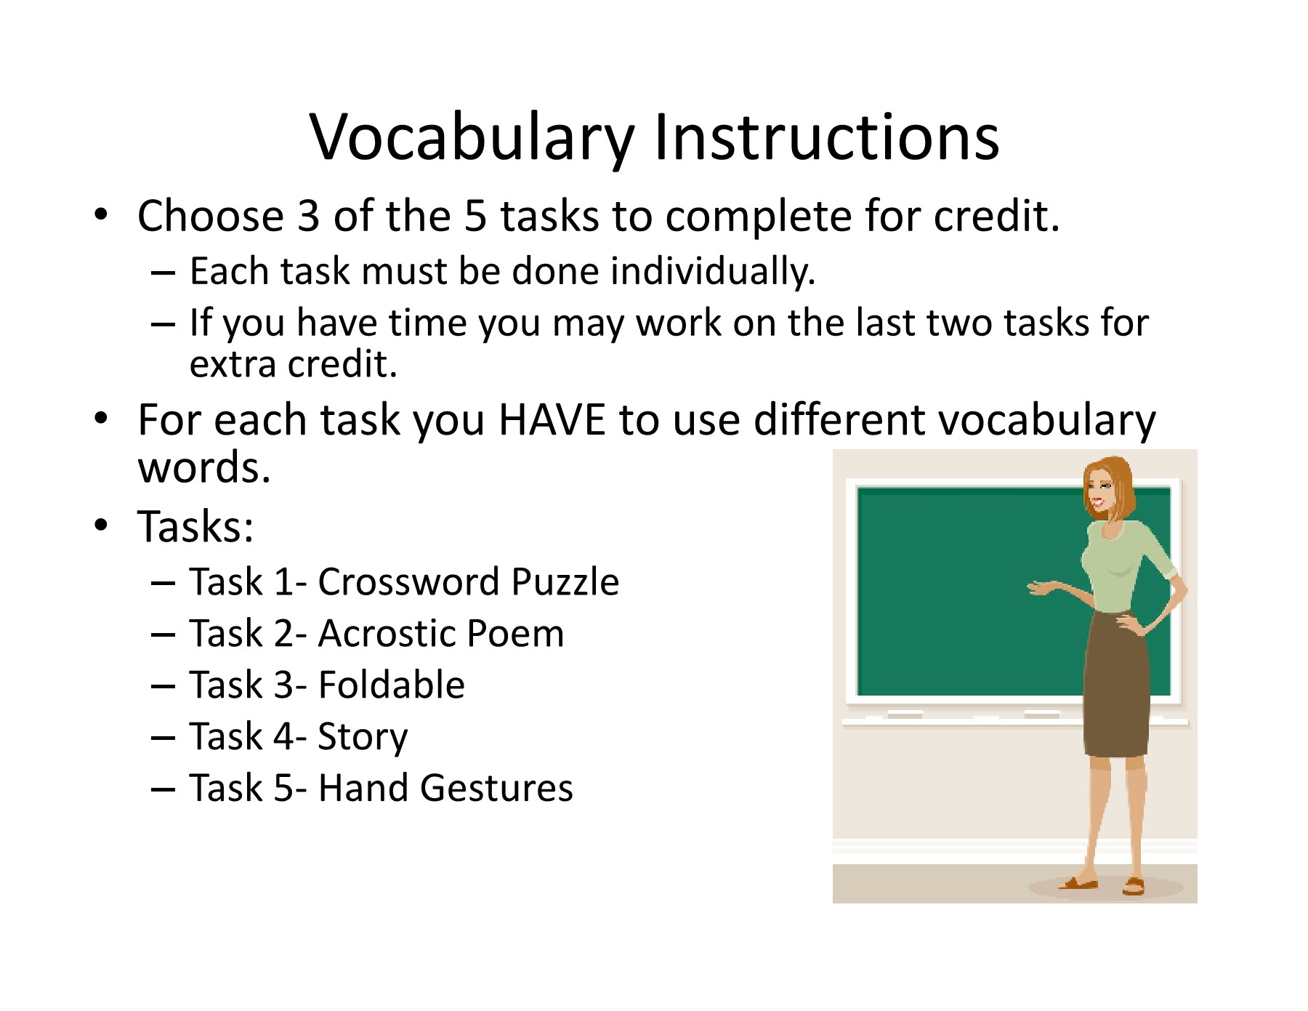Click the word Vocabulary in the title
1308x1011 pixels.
click(x=472, y=138)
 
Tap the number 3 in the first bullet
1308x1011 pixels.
click(x=309, y=216)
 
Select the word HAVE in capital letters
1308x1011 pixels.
click(x=552, y=419)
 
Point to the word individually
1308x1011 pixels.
click(x=713, y=272)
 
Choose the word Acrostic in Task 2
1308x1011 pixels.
click(x=386, y=633)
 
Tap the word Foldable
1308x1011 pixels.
click(x=392, y=685)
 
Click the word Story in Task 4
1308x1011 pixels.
click(x=363, y=738)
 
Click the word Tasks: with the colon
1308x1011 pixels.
click(x=196, y=526)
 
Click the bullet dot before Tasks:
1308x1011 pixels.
click(x=101, y=525)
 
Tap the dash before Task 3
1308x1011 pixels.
click(x=163, y=687)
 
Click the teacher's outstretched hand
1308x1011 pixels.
click(x=1041, y=587)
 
